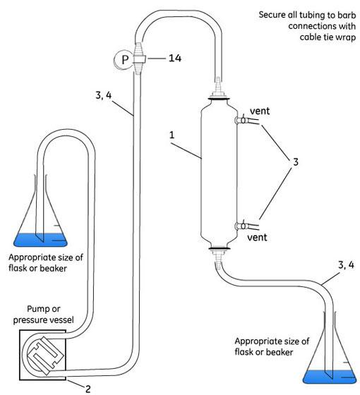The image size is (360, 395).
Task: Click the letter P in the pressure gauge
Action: (125, 60)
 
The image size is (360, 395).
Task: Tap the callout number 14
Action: (175, 58)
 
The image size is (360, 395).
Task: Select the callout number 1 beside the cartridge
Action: (172, 135)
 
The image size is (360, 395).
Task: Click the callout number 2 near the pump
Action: (88, 389)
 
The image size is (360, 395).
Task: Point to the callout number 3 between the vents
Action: (296, 162)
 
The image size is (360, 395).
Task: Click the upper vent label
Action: (260, 111)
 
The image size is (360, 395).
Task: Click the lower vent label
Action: (257, 237)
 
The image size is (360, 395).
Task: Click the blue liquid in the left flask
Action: (40, 240)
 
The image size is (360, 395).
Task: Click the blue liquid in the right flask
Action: (330, 377)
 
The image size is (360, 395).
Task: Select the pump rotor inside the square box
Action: (44, 355)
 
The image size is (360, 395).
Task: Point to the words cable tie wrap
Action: (328, 37)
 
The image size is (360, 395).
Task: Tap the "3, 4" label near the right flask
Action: (346, 265)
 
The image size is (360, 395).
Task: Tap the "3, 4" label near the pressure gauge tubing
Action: (103, 95)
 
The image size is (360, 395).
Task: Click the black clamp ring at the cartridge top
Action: (219, 99)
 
